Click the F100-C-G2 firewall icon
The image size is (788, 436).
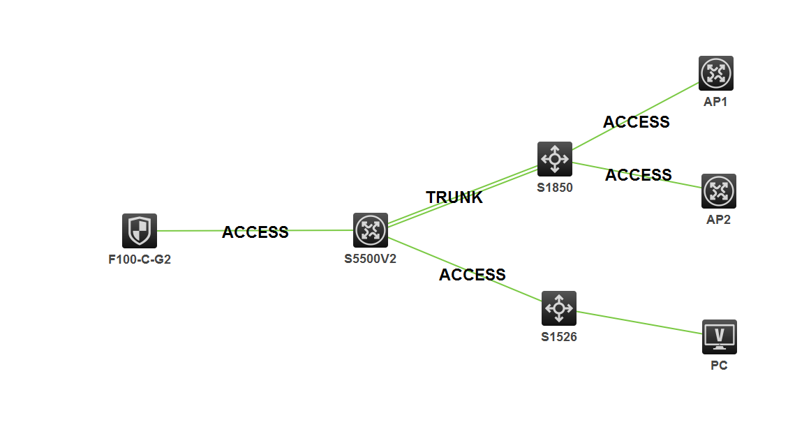click(140, 231)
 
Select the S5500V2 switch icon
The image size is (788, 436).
click(370, 230)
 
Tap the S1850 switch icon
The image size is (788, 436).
click(555, 159)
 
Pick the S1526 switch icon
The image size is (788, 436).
click(559, 308)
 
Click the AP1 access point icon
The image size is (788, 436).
click(716, 73)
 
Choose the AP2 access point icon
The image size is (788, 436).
click(719, 191)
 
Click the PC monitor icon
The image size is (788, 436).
click(720, 337)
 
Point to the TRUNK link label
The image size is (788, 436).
click(454, 197)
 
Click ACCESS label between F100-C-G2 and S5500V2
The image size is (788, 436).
click(255, 232)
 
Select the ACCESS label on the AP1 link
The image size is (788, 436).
click(637, 122)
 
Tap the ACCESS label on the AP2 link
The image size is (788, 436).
click(639, 174)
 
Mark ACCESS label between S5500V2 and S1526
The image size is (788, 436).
click(473, 275)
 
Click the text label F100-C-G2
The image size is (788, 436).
click(140, 260)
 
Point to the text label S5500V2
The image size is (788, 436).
click(371, 259)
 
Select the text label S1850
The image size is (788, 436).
click(555, 187)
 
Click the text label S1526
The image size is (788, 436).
click(559, 336)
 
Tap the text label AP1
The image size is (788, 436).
click(716, 102)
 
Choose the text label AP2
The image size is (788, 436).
click(719, 220)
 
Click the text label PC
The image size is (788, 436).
click(719, 365)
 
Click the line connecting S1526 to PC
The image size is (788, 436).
click(639, 323)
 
